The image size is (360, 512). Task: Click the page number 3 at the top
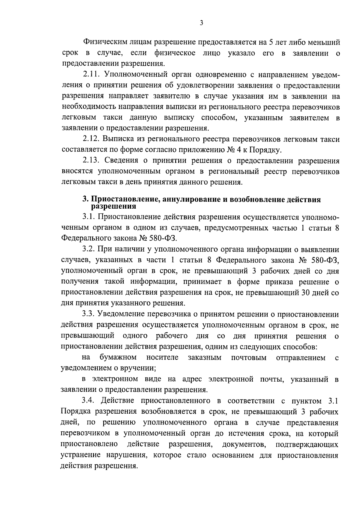[x=201, y=23]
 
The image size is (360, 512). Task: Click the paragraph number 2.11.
[x=90, y=75]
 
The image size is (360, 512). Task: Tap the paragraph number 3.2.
[x=88, y=249]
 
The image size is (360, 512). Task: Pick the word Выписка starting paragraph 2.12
[x=117, y=139]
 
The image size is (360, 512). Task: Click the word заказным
[x=205, y=357]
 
